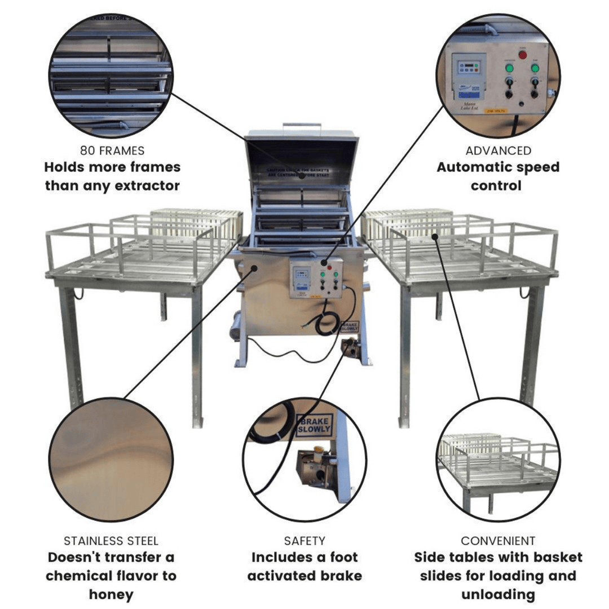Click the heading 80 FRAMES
[x=112, y=151]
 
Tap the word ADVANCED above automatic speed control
[x=498, y=151]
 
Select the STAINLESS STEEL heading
[x=111, y=541]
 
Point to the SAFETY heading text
[x=304, y=541]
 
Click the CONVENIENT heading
[x=498, y=541]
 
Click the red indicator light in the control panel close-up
[x=522, y=55]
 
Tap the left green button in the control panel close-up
[x=509, y=68]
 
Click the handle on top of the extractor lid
[x=302, y=126]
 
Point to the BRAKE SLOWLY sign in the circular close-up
[x=314, y=425]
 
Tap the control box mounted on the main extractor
[x=316, y=277]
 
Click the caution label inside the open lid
[x=302, y=172]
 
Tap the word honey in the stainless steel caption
[x=111, y=594]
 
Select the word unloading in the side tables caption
[x=498, y=594]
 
